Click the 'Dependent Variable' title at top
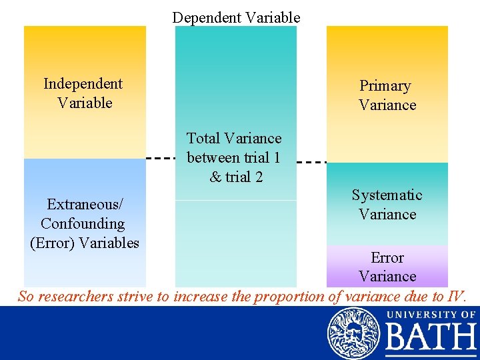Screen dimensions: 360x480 point(236,17)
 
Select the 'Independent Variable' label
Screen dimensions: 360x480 point(83,93)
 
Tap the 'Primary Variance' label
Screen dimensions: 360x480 point(387,95)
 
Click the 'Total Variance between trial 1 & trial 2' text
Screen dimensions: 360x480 point(234,157)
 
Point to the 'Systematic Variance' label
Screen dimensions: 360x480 point(387,205)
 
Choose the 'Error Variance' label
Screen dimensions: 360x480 point(387,267)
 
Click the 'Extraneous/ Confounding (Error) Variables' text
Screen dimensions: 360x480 point(84,223)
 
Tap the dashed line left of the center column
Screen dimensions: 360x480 point(160,159)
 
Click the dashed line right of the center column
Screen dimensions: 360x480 point(311,161)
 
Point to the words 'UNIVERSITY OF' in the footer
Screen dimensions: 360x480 point(431,314)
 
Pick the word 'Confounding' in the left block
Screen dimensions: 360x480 point(83,223)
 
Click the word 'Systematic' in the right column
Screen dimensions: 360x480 point(387,195)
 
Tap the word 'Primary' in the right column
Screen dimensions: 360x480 point(385,86)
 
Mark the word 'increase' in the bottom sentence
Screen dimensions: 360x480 point(201,297)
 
